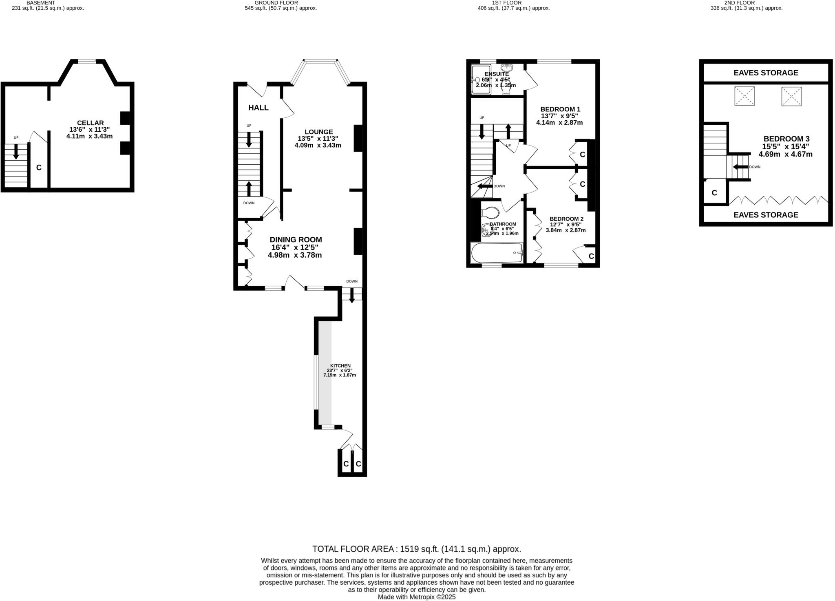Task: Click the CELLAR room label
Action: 90,123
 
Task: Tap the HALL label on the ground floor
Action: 258,108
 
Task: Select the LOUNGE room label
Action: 318,132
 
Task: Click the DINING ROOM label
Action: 296,240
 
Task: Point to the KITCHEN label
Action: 340,366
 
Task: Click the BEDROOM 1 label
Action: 560,109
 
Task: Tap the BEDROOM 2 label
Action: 566,219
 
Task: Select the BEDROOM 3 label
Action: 786,139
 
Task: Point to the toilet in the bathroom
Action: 490,212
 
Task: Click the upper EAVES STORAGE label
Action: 766,73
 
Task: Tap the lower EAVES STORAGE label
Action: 766,215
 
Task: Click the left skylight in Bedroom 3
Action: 744,96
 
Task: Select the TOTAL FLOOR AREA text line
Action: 417,549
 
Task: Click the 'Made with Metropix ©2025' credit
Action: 417,597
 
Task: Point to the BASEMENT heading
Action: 40,3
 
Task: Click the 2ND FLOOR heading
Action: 745,3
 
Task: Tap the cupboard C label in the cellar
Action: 39,168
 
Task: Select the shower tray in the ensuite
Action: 481,80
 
